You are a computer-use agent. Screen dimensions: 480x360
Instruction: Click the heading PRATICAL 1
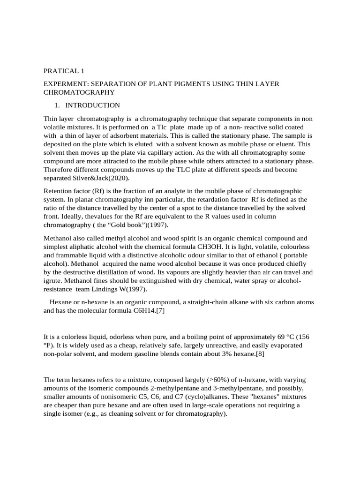pyautogui.click(x=64, y=71)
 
